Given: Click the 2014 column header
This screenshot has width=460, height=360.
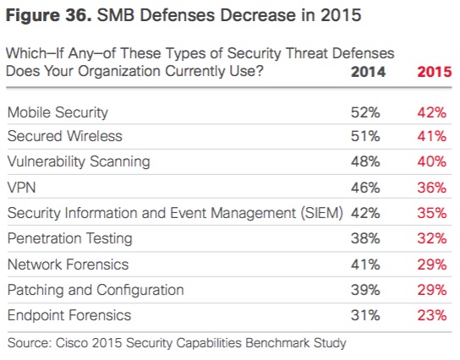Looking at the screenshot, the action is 368,72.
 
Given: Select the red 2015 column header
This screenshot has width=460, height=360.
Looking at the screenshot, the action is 435,72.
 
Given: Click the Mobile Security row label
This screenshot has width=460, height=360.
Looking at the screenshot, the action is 57,112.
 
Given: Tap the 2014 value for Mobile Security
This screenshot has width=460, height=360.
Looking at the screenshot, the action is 365,112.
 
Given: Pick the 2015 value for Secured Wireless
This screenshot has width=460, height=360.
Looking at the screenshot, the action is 432,136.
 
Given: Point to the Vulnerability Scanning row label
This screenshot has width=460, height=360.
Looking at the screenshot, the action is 79,161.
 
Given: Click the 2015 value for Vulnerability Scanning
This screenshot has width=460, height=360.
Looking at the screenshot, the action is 432,161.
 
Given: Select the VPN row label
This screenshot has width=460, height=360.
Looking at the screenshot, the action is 21,188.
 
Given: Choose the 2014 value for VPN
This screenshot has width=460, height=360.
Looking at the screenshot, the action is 365,188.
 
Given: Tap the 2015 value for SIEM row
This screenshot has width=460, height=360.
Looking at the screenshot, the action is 432,213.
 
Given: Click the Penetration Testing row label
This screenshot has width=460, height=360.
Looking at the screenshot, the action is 70,238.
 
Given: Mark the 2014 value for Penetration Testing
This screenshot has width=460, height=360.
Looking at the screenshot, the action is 365,238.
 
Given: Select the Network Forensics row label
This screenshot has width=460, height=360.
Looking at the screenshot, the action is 68,265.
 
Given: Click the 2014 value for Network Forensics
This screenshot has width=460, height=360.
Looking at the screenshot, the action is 365,265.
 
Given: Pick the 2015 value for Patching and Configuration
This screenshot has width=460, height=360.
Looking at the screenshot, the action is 432,290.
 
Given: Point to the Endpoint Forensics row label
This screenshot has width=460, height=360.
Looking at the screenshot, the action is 69,316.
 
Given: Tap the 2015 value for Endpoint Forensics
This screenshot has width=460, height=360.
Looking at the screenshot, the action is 432,316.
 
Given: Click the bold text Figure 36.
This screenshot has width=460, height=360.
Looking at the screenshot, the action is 49,15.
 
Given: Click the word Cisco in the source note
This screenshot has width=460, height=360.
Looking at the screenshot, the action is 70,343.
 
